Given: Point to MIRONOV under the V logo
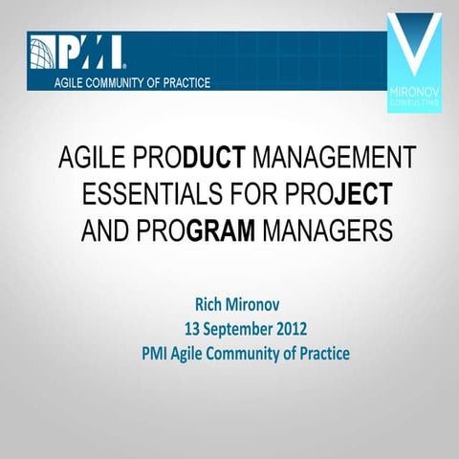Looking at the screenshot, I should pos(417,94).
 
